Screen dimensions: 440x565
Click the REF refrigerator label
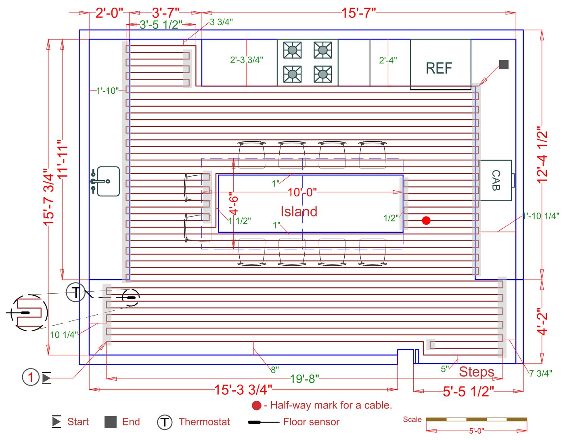coord(439,68)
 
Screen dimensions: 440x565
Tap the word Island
coord(299,211)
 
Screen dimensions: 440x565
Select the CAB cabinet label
coord(496,180)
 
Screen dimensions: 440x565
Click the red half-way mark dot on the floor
coord(426,220)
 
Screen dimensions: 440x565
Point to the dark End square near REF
coord(504,64)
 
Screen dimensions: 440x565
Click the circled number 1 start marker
coord(30,377)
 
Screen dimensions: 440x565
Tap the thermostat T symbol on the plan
coord(75,292)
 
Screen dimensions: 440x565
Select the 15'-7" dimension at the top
coord(358,13)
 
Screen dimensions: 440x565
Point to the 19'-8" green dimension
coord(304,379)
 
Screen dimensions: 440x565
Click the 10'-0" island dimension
coord(302,192)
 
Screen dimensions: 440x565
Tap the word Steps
coord(476,372)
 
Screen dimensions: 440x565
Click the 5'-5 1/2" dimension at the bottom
coord(468,391)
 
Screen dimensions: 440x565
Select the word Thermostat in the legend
coord(204,422)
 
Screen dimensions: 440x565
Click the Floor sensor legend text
coord(311,422)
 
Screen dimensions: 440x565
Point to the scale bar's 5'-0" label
coord(476,431)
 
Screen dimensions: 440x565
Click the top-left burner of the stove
coord(292,50)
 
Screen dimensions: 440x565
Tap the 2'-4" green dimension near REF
coord(388,60)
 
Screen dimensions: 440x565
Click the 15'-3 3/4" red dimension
coord(243,389)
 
